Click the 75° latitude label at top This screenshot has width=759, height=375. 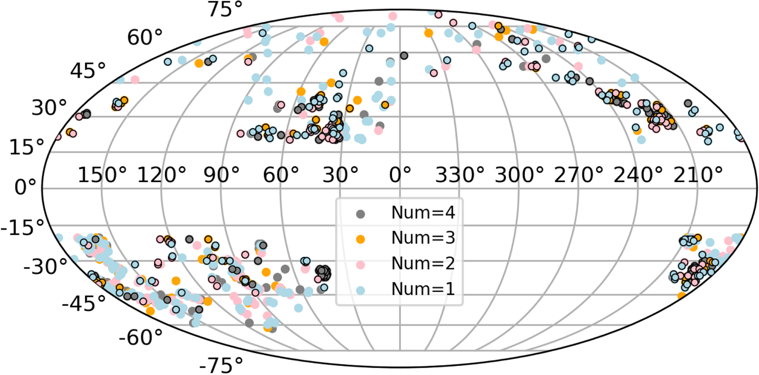point(226,10)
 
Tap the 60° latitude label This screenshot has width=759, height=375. point(146,37)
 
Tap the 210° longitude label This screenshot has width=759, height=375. point(701,177)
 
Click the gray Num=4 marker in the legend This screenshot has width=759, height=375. point(360,214)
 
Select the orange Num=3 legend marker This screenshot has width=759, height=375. point(360,239)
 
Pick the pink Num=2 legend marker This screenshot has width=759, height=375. point(360,264)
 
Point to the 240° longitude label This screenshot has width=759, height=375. point(641,177)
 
